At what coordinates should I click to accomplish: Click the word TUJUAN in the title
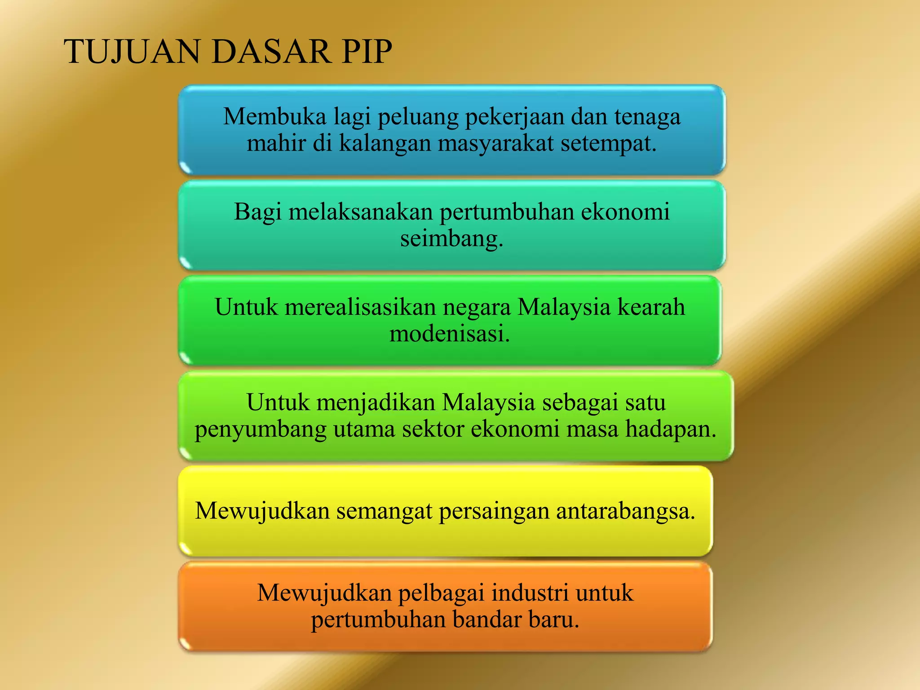(133, 52)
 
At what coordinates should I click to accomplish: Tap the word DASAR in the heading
(271, 52)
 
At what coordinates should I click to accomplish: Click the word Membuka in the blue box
(275, 117)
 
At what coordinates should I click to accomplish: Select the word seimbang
(451, 239)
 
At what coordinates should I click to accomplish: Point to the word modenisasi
(450, 334)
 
